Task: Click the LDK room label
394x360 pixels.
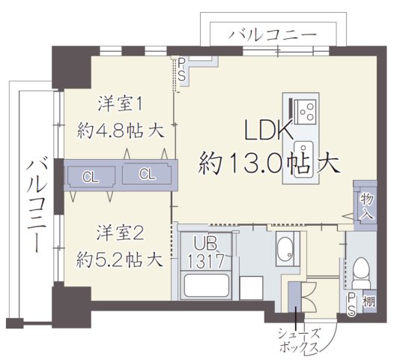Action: click(268, 131)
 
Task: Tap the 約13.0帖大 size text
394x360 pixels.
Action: click(268, 162)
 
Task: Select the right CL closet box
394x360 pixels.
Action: click(148, 175)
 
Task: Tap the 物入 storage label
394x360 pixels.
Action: click(366, 205)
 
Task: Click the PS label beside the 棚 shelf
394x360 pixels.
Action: click(352, 304)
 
